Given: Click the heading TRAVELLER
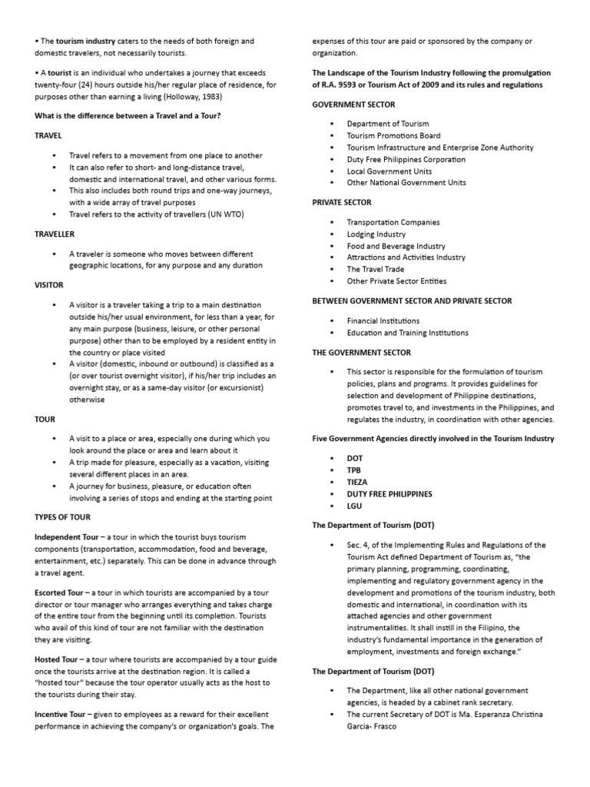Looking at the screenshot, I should pos(55,234).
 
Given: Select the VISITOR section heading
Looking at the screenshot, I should pos(49,284).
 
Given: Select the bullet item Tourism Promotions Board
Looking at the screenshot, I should pos(393,135).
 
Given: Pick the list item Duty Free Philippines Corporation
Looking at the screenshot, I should pos(406,159).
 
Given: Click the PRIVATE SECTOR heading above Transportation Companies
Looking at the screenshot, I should pos(342,202).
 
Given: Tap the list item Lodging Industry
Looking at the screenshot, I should pos(376,234).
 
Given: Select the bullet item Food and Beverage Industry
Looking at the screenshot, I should pos(396,246).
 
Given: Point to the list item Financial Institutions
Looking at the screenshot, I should pos(383,320).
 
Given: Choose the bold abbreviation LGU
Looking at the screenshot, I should pos(355,506).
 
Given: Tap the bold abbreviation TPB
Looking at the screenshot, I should pos(354,469).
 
